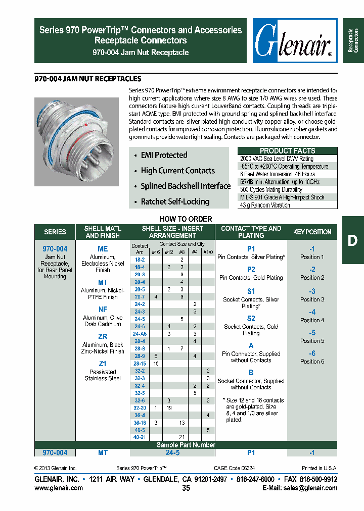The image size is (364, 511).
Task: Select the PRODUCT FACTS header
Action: [x=287, y=150]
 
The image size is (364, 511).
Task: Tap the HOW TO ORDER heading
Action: [x=186, y=219]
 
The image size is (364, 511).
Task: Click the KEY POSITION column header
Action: [x=312, y=232]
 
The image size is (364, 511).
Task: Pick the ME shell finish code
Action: [x=103, y=249]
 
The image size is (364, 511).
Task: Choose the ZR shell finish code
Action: [x=103, y=336]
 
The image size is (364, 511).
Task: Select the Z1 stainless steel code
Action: [x=103, y=364]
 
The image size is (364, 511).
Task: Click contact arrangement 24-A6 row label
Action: [x=140, y=334]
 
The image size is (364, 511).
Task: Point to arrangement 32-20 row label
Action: [x=140, y=407]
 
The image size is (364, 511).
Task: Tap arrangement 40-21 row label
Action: [x=140, y=437]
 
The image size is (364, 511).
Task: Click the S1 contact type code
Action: [x=251, y=291]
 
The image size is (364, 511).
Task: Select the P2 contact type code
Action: [x=251, y=270]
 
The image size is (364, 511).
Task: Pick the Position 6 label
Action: [x=312, y=362]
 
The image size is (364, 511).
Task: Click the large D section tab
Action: [x=352, y=240]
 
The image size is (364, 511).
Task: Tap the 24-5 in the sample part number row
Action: [x=172, y=453]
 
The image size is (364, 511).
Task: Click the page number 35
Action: [x=186, y=488]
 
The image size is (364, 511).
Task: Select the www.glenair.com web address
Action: [x=59, y=488]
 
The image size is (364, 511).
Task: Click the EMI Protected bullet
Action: [x=164, y=155]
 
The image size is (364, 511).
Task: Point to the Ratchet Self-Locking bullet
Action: [x=175, y=201]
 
